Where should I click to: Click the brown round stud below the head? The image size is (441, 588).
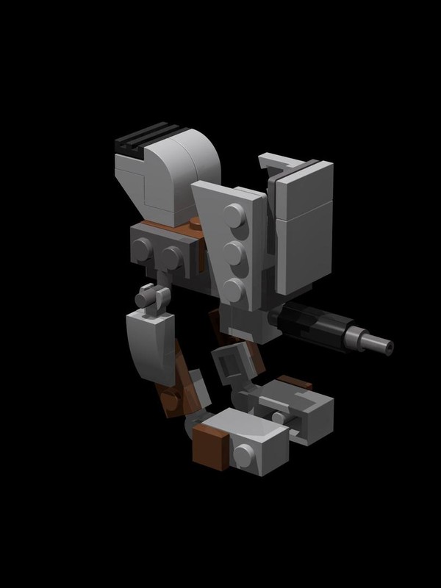pyautogui.click(x=196, y=223)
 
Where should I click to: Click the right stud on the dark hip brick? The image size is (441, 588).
pyautogui.click(x=173, y=258)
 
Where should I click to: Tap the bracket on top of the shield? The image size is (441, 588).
pyautogui.click(x=283, y=165)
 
